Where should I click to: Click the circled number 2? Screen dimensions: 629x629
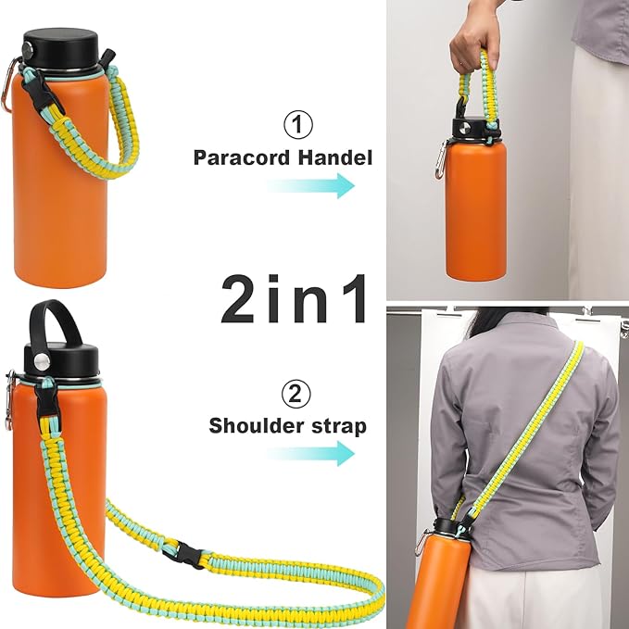pos(295,395)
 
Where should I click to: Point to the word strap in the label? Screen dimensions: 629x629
pos(339,426)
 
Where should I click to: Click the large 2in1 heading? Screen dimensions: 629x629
pos(295,298)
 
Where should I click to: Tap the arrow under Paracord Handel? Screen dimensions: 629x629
pos(311,185)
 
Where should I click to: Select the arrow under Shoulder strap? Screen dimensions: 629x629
pos(311,453)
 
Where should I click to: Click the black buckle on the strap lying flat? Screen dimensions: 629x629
pos(185,554)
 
